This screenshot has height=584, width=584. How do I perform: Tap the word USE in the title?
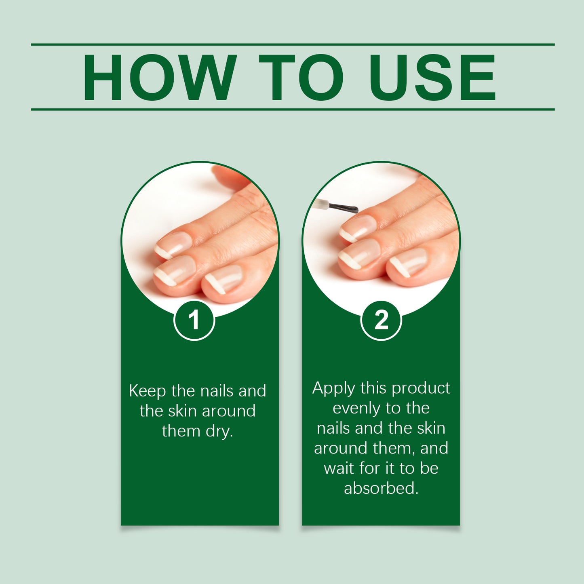[x=432, y=77]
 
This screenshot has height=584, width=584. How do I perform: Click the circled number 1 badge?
[x=194, y=320]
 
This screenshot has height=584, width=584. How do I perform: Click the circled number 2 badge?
[x=381, y=320]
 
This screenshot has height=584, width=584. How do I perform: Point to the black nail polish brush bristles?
[x=344, y=208]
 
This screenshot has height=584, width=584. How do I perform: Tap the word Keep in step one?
[x=148, y=391]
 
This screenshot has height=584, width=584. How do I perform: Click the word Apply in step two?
[x=333, y=388]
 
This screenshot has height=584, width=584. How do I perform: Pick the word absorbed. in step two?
[x=381, y=488]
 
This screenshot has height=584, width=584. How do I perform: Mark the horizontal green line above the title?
[x=293, y=44]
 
